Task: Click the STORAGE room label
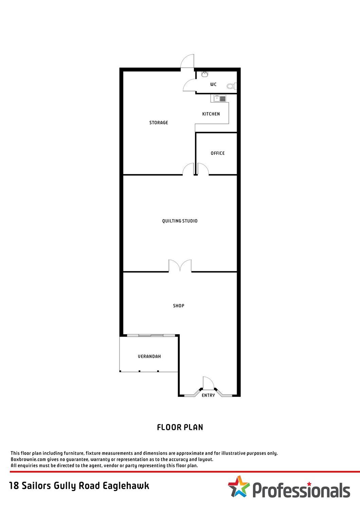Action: pyautogui.click(x=159, y=123)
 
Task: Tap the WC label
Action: pyautogui.click(x=213, y=84)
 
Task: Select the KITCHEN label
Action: pyautogui.click(x=211, y=114)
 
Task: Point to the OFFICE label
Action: pyautogui.click(x=218, y=153)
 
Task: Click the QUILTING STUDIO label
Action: pyautogui.click(x=180, y=221)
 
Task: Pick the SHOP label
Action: pyautogui.click(x=179, y=306)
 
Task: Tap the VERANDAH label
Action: pyautogui.click(x=149, y=356)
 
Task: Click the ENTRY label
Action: pyautogui.click(x=208, y=395)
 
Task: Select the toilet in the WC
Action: pyautogui.click(x=232, y=86)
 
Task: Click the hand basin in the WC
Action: pyautogui.click(x=204, y=74)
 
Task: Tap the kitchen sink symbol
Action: pyautogui.click(x=220, y=99)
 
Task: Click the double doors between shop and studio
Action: pyautogui.click(x=180, y=265)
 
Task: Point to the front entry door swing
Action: pyautogui.click(x=208, y=382)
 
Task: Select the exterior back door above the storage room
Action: pyautogui.click(x=187, y=61)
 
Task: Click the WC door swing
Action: pyautogui.click(x=189, y=85)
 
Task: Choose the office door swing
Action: pyautogui.click(x=203, y=169)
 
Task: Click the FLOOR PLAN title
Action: pyautogui.click(x=180, y=428)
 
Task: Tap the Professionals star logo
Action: pyautogui.click(x=239, y=487)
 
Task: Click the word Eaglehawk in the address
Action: pyautogui.click(x=126, y=486)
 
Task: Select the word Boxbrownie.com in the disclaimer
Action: pyautogui.click(x=29, y=459)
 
